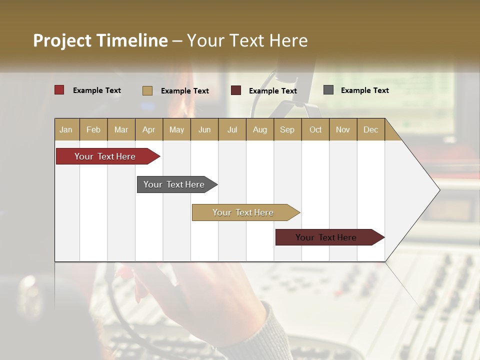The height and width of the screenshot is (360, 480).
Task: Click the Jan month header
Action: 66,129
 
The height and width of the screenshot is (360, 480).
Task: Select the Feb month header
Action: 93,129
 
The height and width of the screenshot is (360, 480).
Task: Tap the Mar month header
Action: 121,129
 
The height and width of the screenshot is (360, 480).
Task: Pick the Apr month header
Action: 149,129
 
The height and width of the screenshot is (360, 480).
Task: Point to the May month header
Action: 176,129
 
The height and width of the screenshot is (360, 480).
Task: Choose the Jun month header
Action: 204,129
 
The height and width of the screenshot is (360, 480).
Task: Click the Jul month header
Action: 232,129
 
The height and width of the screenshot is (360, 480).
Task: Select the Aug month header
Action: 260,129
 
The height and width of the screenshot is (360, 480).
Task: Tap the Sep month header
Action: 287,129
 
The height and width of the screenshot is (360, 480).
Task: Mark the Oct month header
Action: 315,129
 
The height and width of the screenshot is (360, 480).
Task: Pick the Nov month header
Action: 343,129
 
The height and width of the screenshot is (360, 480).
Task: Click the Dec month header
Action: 370,129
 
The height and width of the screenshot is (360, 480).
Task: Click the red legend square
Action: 59,90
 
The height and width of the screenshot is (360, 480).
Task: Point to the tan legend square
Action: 147,90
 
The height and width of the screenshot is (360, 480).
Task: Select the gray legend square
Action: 328,90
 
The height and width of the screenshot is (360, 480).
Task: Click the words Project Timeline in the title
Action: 100,40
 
